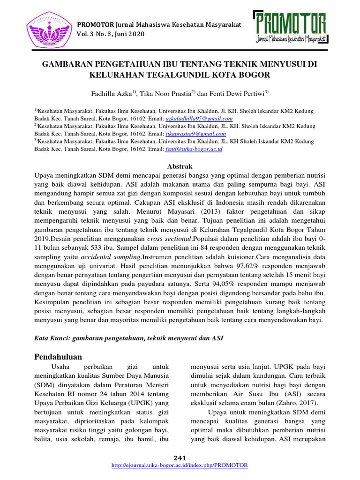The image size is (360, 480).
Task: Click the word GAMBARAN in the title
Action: pos(68,64)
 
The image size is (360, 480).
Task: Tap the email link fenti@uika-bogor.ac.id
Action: pos(194,149)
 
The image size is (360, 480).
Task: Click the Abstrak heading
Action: pos(180,166)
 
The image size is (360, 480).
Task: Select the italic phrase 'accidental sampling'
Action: pos(111,258)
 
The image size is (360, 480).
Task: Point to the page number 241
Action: pos(180,457)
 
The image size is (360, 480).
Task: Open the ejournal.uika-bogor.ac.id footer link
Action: pos(180,465)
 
